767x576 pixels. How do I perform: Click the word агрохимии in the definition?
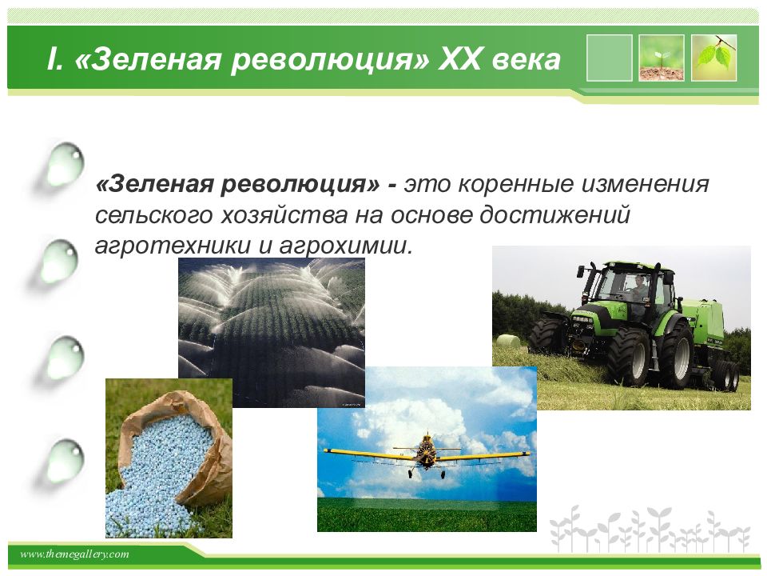345,245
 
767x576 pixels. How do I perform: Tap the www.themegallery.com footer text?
74,554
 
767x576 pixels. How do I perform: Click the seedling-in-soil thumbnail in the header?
662,58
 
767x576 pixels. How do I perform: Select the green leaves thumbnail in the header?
713,58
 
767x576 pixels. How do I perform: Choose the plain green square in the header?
609,58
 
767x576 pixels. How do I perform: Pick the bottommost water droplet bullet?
65,462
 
